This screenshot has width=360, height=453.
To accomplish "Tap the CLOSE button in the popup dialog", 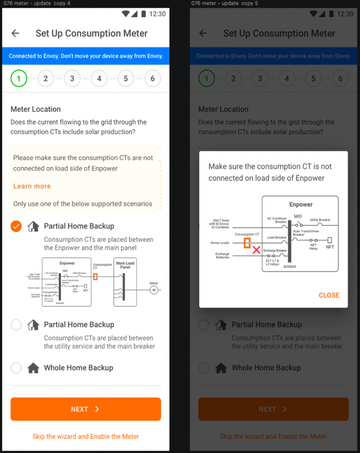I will point(329,295).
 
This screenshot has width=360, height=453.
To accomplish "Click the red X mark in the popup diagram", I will point(256,250).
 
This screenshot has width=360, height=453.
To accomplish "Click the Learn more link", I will point(32,186).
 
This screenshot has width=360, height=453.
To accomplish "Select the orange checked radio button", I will point(16,226).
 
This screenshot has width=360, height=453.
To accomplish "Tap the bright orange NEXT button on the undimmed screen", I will point(85,409).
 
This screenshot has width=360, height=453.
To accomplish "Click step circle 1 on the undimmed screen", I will point(19,79).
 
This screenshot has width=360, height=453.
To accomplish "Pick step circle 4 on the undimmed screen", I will point(99,79).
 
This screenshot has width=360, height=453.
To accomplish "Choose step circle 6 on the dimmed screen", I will point(340,79).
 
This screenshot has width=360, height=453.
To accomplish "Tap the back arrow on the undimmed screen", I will point(15,33).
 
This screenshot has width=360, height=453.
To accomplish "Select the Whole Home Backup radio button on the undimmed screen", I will point(16,368).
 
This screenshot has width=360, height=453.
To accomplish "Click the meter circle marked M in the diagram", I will point(154,289).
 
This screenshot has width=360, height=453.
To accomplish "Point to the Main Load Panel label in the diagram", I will point(125,266).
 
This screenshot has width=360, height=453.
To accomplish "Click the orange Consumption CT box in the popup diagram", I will point(247,243).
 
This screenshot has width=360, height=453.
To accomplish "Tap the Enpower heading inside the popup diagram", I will point(301,204).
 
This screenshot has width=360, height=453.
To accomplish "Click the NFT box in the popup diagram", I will point(330,240).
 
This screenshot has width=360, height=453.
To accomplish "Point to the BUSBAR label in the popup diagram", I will point(289,266).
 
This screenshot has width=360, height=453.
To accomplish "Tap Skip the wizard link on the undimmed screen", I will point(85,437).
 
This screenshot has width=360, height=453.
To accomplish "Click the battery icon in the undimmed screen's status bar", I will point(144,14).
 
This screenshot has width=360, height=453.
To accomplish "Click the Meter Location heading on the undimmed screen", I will point(36,109).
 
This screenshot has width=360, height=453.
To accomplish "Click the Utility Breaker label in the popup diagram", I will point(320,220).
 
